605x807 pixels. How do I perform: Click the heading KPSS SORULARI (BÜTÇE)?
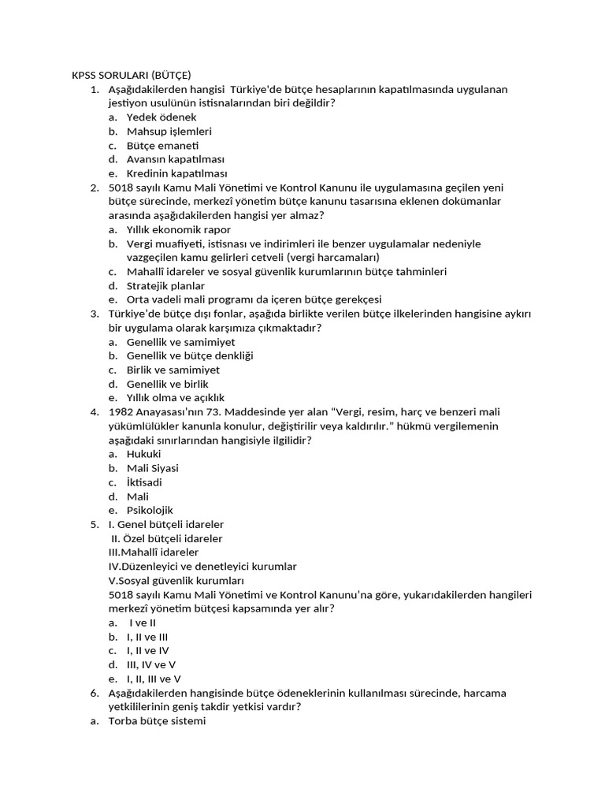point(132,75)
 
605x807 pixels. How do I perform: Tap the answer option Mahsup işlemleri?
point(169,132)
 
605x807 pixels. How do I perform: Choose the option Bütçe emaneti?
point(162,146)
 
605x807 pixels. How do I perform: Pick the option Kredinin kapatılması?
point(176,174)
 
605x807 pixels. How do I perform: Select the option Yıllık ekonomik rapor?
point(179,230)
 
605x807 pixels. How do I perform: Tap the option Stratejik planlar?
point(165,286)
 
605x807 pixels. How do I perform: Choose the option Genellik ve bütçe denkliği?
point(190,356)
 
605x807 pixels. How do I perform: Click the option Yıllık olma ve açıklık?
point(180,398)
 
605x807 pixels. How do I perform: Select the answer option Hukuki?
point(143,455)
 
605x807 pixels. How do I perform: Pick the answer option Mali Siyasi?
point(152,468)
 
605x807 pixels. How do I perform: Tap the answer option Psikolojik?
point(150,511)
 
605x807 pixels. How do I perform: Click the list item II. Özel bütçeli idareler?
point(167,539)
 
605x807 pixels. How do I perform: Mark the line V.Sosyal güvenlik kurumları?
point(160,581)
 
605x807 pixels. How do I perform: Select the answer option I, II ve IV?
point(147,651)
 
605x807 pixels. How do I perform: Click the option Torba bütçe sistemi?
point(157,721)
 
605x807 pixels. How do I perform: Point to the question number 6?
point(94,693)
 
